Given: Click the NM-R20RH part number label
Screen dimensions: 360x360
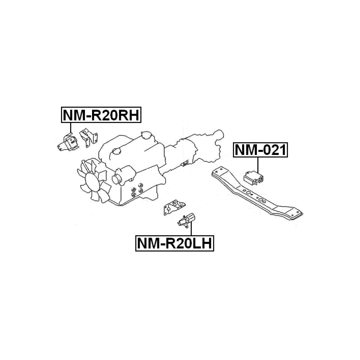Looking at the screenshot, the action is (101, 115).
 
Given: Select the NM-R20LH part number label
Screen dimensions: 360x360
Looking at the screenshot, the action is (175, 243).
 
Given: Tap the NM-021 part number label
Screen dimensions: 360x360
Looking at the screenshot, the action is (260, 150).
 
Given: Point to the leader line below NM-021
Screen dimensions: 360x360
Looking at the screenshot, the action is (258, 165).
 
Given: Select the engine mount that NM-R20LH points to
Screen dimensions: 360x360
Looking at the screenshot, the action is (186, 220).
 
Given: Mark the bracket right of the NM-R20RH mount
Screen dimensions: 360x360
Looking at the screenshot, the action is (89, 138).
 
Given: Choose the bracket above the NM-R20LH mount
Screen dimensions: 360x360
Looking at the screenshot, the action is (174, 207).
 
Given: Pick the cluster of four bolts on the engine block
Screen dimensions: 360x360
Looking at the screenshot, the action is (137, 190).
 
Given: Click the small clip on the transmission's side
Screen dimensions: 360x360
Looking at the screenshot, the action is (185, 163).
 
